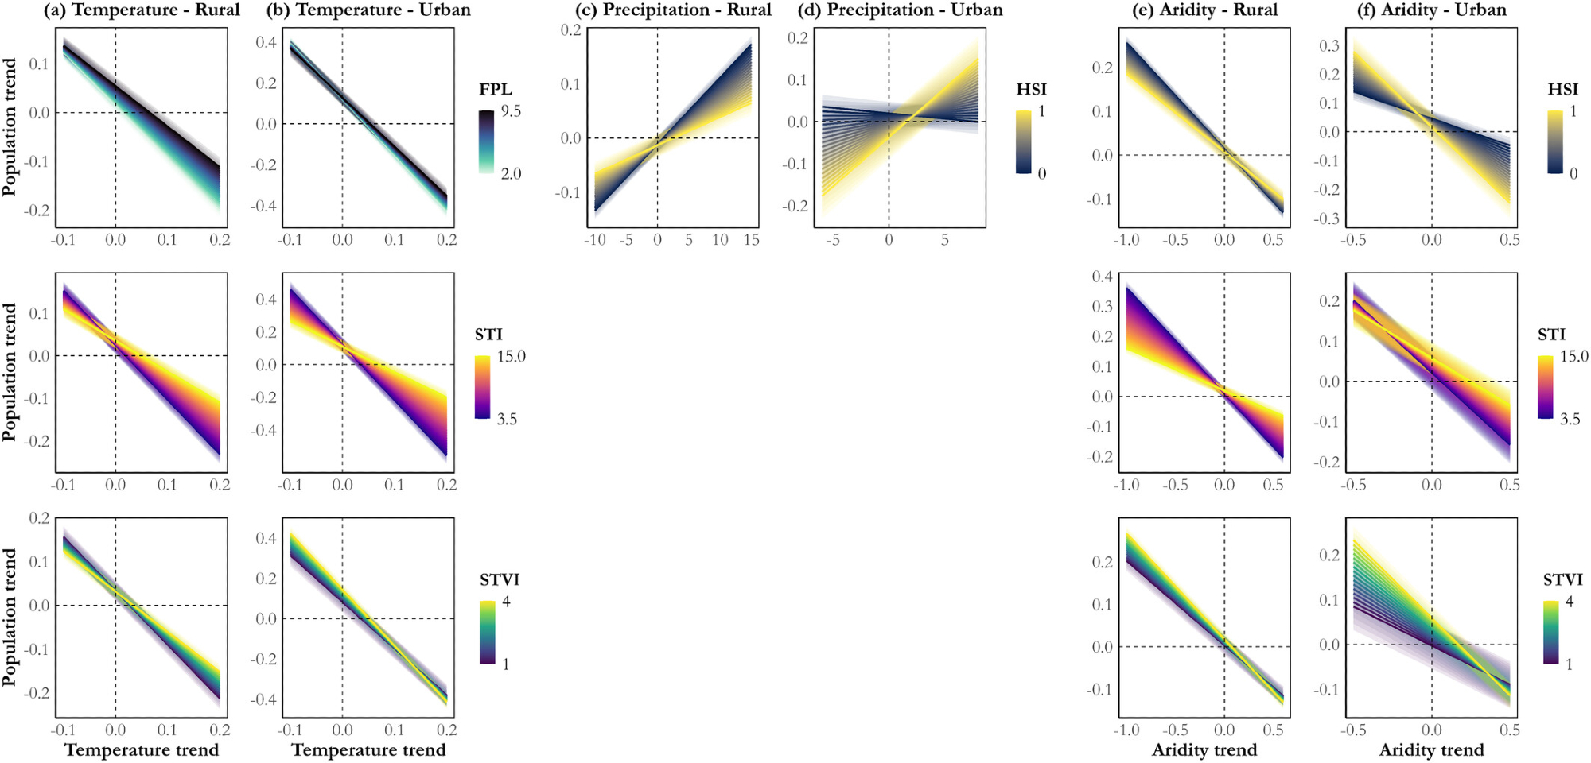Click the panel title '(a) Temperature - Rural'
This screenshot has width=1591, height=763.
point(142,10)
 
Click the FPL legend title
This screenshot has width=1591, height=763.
point(496,89)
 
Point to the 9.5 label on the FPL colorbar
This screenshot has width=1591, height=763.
point(511,111)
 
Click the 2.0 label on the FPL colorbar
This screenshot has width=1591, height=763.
point(511,173)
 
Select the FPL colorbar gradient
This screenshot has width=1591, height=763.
point(486,141)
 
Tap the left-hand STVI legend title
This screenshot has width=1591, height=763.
point(500,579)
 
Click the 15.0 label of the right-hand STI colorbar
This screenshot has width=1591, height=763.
point(1574,356)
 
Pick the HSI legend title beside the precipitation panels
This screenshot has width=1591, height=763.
point(1032,89)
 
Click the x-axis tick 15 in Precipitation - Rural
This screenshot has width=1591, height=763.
point(751,239)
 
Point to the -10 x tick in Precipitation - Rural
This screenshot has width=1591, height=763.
point(595,239)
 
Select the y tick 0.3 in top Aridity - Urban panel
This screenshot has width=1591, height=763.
point(1329,45)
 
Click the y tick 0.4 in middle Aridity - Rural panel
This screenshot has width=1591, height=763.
point(1102,277)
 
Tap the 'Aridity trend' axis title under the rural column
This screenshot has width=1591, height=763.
point(1204,749)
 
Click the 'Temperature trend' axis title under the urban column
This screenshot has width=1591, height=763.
point(368,749)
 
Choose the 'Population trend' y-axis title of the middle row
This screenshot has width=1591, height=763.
point(10,372)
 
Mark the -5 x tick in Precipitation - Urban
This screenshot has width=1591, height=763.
point(832,239)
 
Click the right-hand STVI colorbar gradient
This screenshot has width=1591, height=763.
point(1551,632)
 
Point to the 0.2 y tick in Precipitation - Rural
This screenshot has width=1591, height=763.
point(571,30)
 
